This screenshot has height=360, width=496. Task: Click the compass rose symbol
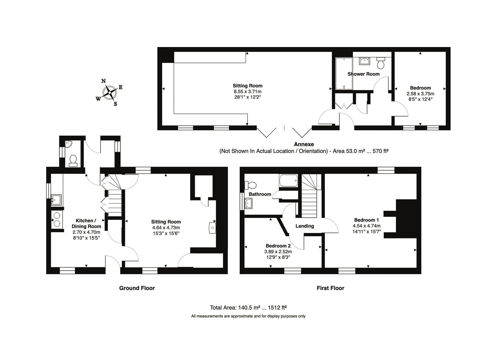point(110,92)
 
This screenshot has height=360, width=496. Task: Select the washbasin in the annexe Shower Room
point(364,61)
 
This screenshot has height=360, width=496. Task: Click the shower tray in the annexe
point(344,74)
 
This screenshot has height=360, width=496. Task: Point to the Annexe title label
point(304,144)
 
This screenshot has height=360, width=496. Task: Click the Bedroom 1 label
point(366,220)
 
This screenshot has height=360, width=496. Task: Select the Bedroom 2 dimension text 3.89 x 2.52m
point(278,252)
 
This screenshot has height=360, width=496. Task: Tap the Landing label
point(305,226)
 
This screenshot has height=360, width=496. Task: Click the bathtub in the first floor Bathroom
point(288,181)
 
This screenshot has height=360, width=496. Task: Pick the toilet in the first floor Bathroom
point(250,185)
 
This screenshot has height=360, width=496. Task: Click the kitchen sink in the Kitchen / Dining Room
point(56,200)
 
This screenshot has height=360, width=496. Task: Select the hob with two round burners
point(57,219)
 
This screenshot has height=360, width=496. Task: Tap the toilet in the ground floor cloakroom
point(73,160)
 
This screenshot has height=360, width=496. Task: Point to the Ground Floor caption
point(137,288)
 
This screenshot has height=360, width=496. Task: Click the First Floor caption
point(330,288)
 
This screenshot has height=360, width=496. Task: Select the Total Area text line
point(248,307)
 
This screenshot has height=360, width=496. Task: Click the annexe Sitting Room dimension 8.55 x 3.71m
point(248,91)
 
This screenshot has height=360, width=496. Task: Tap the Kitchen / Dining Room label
point(86,224)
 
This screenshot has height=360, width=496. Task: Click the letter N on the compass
point(103,81)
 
